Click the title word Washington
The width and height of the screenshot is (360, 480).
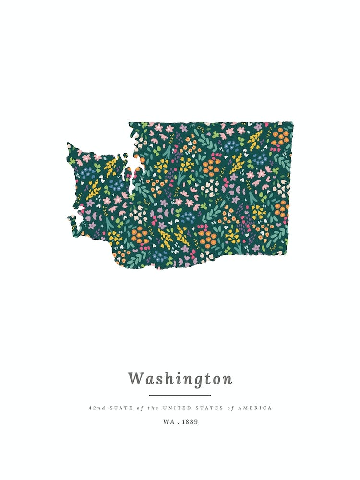(180, 379)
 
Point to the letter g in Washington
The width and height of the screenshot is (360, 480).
(199, 380)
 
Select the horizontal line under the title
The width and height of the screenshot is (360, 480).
(180, 395)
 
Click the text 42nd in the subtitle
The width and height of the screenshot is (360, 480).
(96, 408)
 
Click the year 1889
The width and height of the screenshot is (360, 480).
(190, 422)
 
